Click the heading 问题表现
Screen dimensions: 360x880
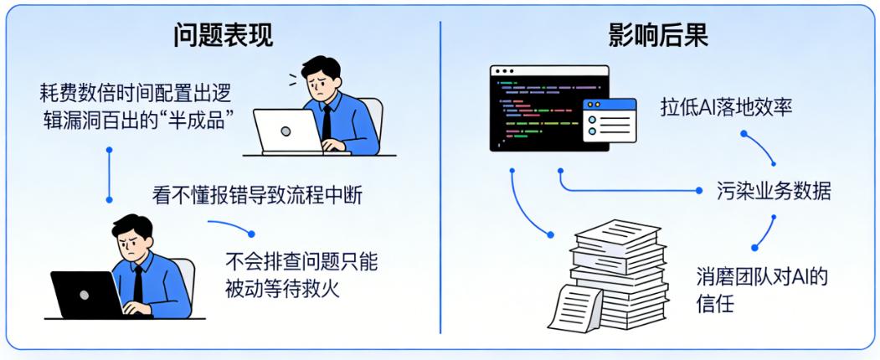click(223, 35)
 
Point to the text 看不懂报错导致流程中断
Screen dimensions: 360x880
click(257, 194)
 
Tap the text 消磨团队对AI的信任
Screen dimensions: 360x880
click(761, 289)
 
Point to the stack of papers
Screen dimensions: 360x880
click(624, 268)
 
